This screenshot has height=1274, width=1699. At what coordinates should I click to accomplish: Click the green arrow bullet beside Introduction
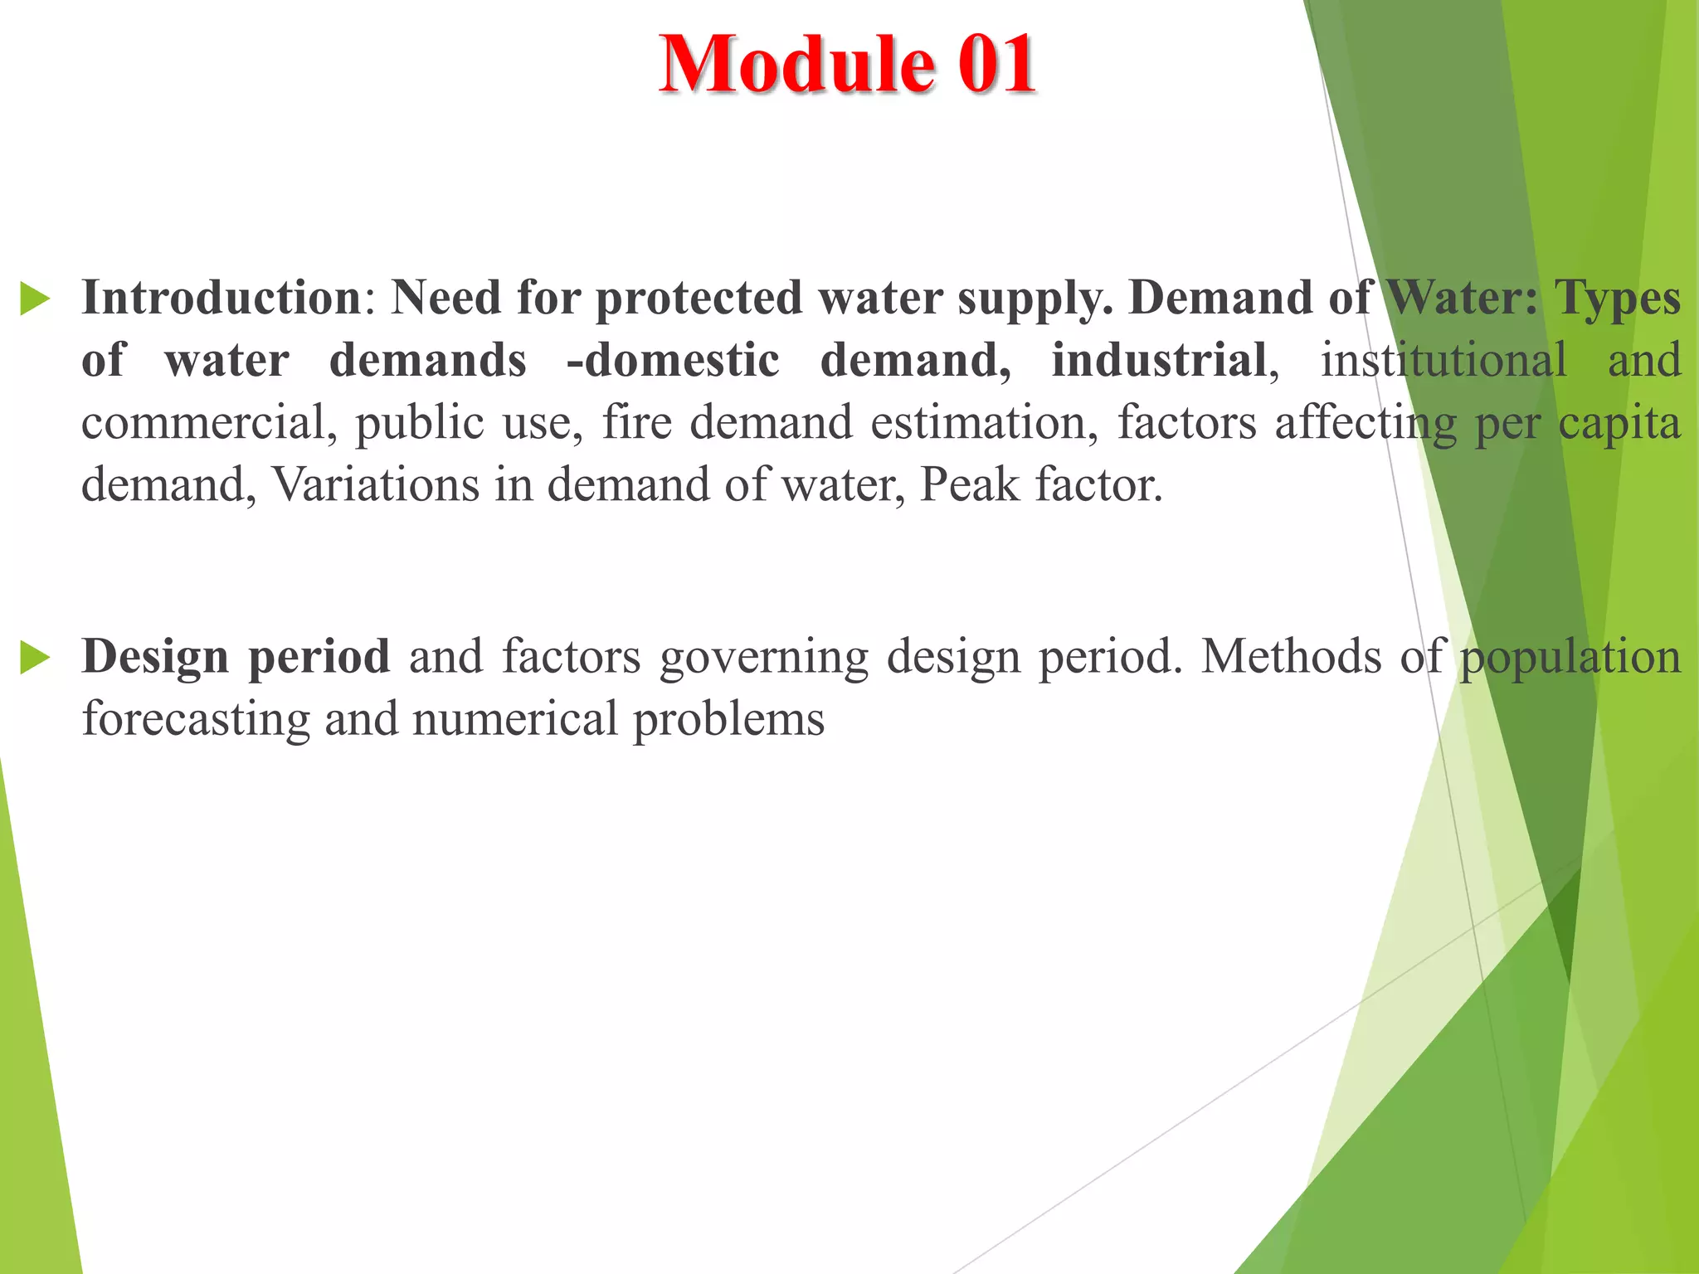(35, 299)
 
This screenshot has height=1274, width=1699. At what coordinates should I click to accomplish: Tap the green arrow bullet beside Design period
(35, 658)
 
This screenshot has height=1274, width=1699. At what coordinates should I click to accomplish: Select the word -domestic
(673, 360)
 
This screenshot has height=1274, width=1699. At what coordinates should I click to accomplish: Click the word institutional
(1443, 360)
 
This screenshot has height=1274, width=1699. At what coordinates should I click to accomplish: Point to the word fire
(636, 422)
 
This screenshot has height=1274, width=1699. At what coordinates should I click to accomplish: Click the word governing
(764, 658)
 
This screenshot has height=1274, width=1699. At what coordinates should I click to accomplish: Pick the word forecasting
(196, 719)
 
